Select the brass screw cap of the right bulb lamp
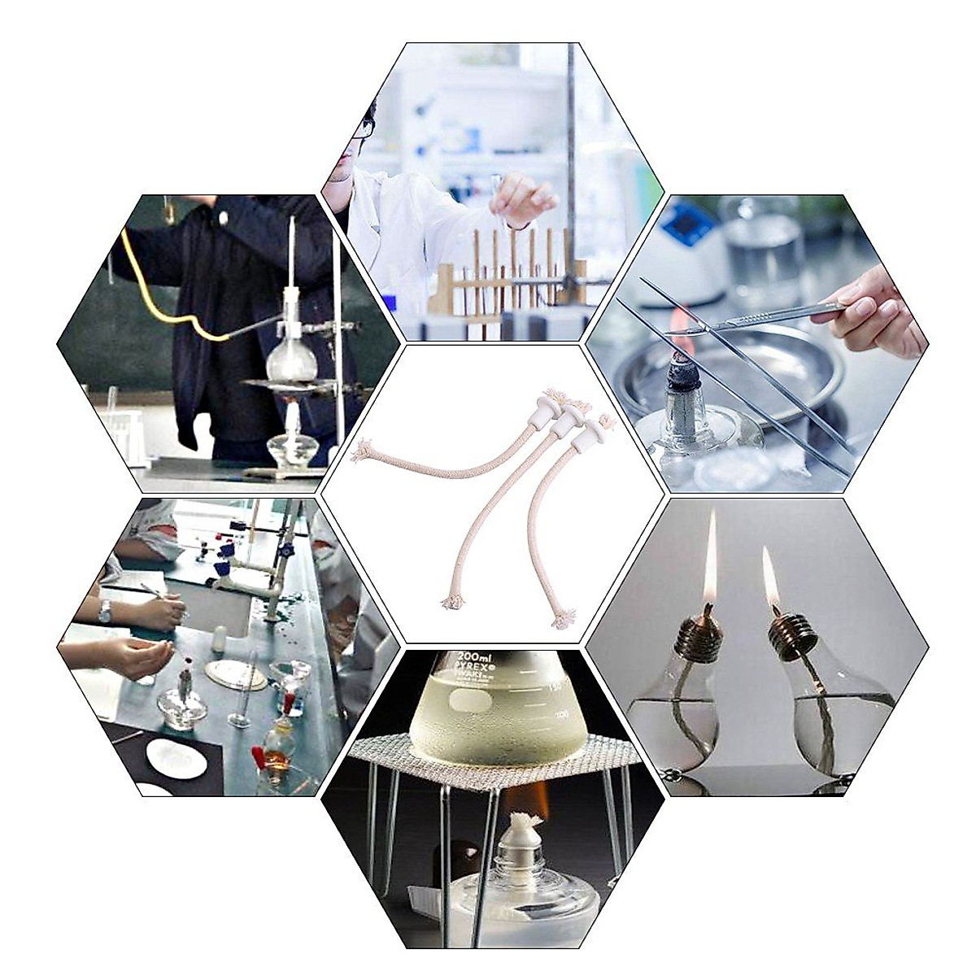pyautogui.click(x=793, y=636)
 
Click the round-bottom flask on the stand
pyautogui.click(x=290, y=358)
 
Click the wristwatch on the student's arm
pyautogui.click(x=105, y=612)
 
